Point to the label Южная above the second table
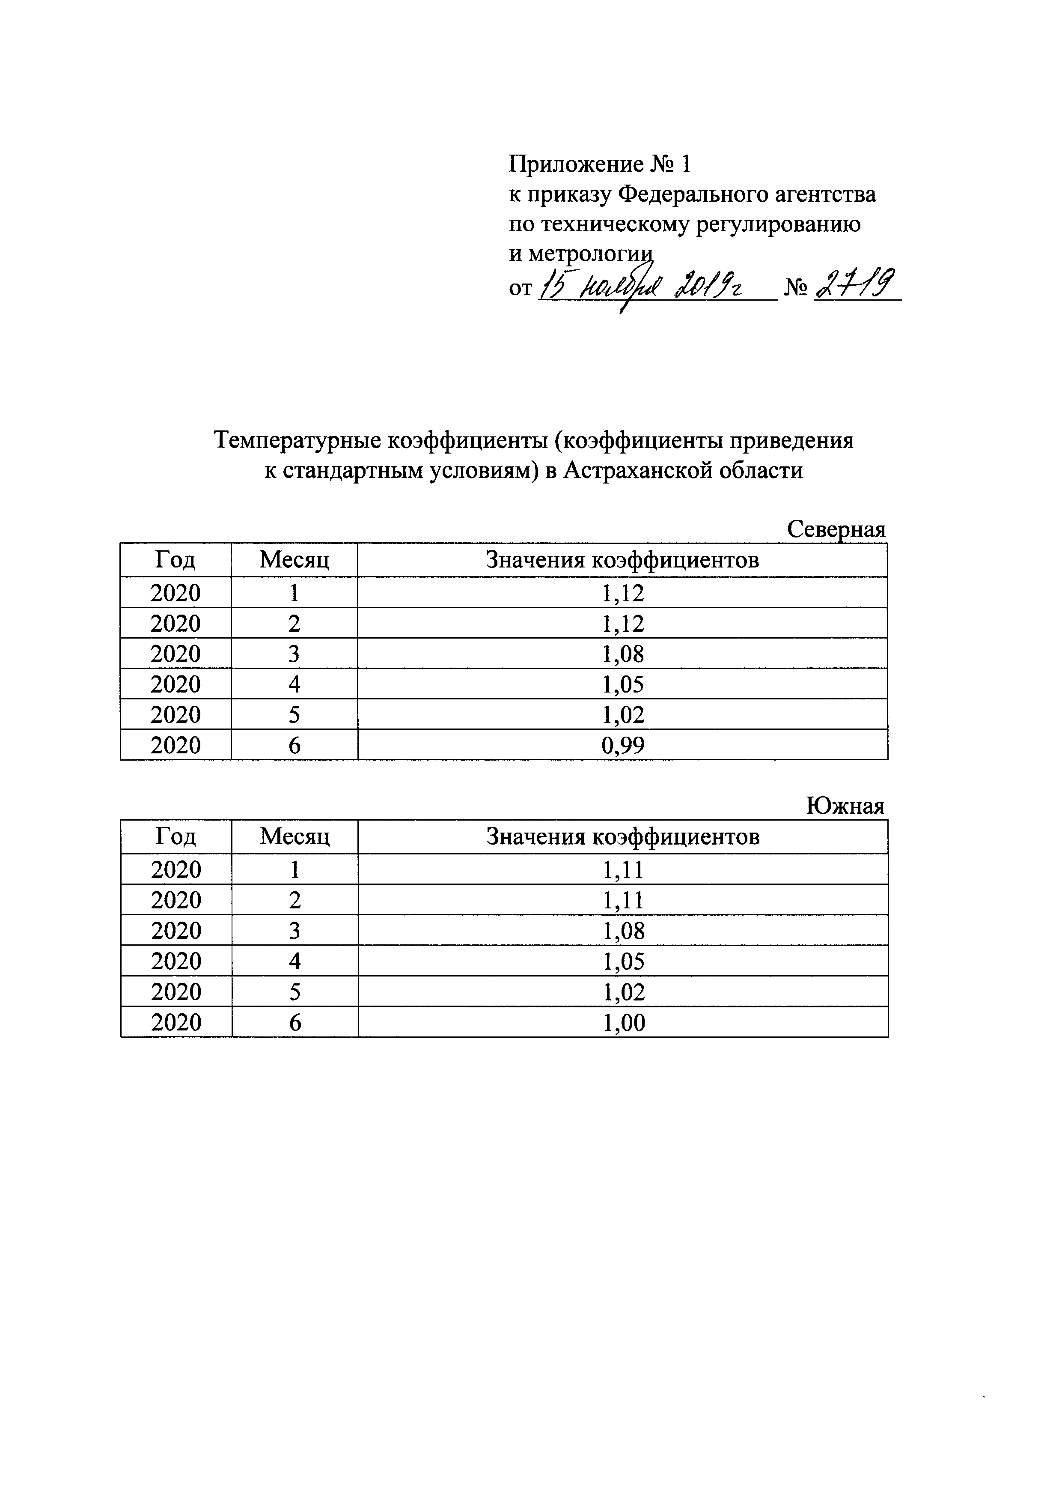pos(845,806)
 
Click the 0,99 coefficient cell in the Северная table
pos(622,745)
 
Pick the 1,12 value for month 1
pos(622,593)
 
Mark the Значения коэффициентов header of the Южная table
pos(622,837)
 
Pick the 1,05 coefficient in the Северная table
pos(622,684)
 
